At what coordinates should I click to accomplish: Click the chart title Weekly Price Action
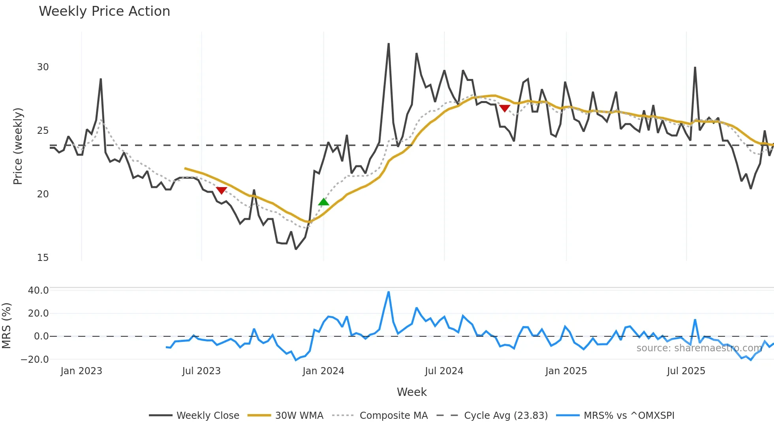tap(104, 11)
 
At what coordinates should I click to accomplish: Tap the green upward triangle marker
tap(323, 202)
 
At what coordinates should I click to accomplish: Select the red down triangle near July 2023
tap(222, 191)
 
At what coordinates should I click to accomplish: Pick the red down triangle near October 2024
tap(505, 108)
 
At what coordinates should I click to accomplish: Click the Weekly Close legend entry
tap(194, 416)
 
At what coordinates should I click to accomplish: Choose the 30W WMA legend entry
tap(286, 416)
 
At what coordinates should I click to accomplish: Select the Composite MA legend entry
tap(380, 416)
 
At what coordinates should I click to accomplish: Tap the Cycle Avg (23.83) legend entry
tap(492, 416)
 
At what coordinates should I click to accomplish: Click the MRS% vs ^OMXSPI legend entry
tap(615, 416)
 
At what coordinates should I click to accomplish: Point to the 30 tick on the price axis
tap(43, 67)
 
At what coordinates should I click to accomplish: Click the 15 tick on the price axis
tap(43, 258)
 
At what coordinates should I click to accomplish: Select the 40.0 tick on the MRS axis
tap(38, 291)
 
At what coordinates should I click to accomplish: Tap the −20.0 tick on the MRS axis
tap(35, 360)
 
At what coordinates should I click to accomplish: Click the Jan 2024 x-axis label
tap(323, 371)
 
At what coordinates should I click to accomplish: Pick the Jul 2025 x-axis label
tap(686, 371)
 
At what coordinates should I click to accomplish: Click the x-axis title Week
tap(411, 392)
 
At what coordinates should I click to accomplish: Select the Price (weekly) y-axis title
tap(18, 146)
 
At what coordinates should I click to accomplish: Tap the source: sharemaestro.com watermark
tap(699, 348)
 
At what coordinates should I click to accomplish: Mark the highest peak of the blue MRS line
tap(389, 292)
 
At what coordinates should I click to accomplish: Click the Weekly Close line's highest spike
tap(389, 44)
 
